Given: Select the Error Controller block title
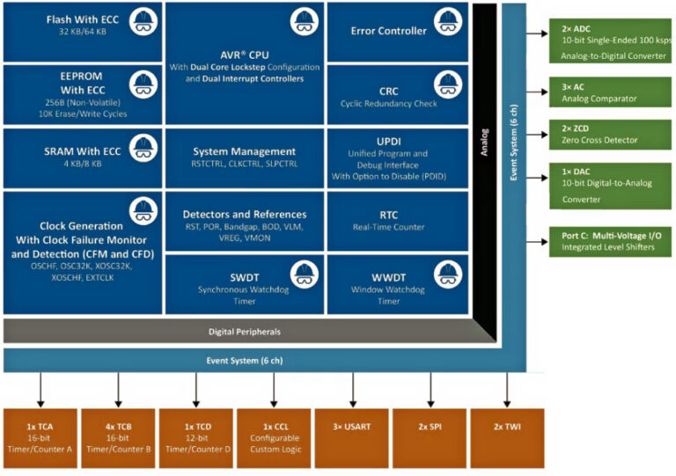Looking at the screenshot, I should [x=388, y=31].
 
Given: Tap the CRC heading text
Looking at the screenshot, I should [x=388, y=91].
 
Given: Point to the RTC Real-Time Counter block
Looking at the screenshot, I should [x=388, y=220].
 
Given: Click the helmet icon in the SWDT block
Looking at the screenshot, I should [x=304, y=273].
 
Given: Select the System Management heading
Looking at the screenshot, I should [x=245, y=151].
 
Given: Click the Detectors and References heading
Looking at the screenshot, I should [x=245, y=214].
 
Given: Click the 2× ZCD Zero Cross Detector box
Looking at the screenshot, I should [x=609, y=135].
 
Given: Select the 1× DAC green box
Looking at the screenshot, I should [x=609, y=185].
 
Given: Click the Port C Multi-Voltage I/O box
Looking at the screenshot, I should [x=609, y=241].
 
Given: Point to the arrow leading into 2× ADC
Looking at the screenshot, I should [x=537, y=37].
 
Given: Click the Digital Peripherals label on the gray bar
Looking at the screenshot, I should [x=245, y=332].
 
